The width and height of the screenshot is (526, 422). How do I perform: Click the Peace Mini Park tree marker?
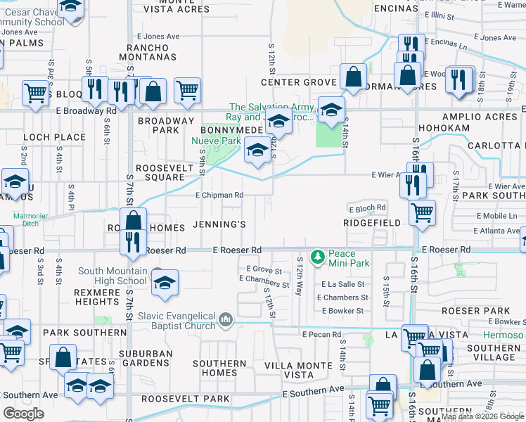tap(319, 257)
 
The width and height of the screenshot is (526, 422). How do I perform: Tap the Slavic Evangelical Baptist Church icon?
tap(226, 320)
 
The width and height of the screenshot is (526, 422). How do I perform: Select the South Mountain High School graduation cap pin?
tap(165, 283)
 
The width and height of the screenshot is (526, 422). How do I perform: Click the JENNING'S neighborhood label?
tap(219, 225)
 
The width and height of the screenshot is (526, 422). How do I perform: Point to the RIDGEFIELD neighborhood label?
tap(371, 222)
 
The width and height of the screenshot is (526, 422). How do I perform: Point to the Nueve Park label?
tap(217, 140)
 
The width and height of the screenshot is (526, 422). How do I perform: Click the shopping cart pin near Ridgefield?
tap(422, 212)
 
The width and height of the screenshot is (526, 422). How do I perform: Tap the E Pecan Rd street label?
tap(321, 335)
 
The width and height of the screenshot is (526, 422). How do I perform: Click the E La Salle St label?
tap(342, 285)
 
